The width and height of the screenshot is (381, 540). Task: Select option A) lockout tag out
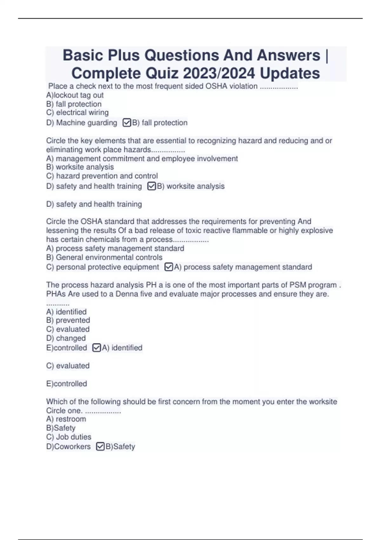(x=75, y=95)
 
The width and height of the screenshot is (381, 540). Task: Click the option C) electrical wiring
(x=77, y=112)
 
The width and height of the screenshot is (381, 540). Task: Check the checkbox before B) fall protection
(x=127, y=123)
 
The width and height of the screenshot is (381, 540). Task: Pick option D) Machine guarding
(x=82, y=123)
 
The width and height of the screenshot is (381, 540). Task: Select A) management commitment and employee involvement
(x=142, y=159)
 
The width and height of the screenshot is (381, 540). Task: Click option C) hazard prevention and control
(x=102, y=176)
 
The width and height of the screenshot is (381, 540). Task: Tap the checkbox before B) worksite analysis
(x=151, y=186)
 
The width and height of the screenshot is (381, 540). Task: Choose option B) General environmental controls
(x=104, y=257)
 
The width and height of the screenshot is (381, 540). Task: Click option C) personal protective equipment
(x=103, y=267)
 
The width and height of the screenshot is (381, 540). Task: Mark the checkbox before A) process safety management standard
(x=169, y=267)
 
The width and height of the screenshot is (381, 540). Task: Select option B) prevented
(x=68, y=320)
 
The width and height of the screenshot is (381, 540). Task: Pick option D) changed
(x=66, y=338)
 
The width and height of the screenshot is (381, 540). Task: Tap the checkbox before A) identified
(x=97, y=348)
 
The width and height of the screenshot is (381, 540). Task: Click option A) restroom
(x=66, y=419)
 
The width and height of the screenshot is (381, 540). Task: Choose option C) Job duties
(x=69, y=437)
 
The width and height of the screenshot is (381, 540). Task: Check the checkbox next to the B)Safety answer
(x=100, y=447)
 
